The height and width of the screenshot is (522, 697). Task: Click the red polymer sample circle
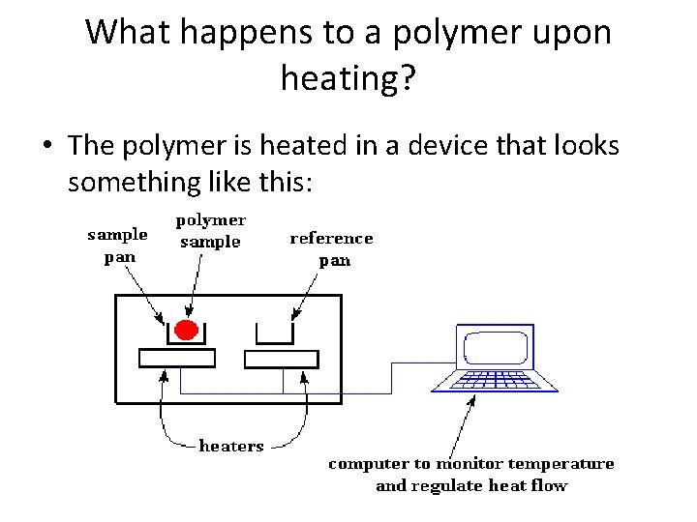[x=185, y=331]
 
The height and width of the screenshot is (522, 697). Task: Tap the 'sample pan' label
[x=117, y=246]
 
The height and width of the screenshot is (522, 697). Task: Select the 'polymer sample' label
[x=211, y=231]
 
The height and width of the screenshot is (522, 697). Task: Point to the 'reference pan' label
[x=332, y=248]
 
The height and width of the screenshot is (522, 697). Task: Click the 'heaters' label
[x=230, y=446]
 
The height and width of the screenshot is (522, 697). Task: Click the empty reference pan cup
[x=275, y=333]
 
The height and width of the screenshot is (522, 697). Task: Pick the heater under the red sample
[x=177, y=359]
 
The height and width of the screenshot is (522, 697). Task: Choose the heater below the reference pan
[x=282, y=359]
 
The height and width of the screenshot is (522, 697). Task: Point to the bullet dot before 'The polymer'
[x=47, y=146]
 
